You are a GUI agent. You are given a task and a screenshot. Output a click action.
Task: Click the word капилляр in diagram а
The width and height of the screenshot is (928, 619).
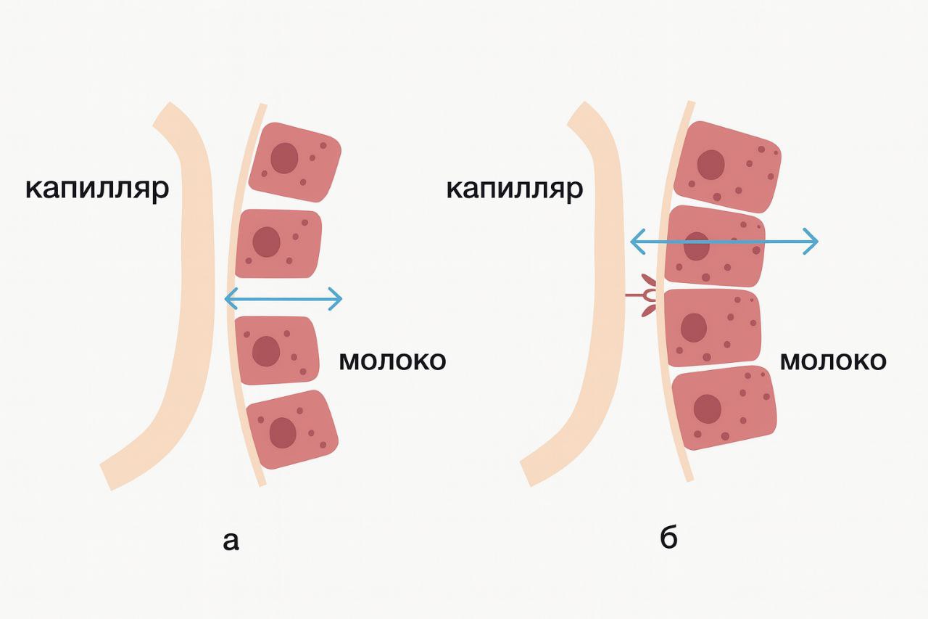point(96,189)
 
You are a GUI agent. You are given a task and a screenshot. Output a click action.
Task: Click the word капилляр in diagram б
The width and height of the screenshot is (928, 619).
point(514,189)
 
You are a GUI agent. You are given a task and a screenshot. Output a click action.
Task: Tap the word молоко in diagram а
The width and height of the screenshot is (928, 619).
point(392,361)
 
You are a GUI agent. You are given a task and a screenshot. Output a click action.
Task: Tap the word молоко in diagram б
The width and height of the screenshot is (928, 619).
point(832,361)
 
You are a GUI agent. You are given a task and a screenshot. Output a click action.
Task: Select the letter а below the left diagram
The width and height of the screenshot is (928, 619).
point(231,541)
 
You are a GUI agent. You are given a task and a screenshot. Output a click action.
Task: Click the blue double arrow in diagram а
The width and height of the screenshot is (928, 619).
point(283,298)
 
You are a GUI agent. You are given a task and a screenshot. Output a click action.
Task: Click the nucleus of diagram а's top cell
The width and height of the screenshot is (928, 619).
point(283,157)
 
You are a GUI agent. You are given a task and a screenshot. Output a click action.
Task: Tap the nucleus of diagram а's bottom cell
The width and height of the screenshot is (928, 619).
point(282,433)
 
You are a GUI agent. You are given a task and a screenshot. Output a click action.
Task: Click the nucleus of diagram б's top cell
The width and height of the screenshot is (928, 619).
point(711,165)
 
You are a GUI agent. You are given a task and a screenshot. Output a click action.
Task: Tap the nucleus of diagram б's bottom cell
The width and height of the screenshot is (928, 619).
point(707,409)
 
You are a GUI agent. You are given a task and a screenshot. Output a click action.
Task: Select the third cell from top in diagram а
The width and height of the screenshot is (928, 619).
point(278,351)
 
